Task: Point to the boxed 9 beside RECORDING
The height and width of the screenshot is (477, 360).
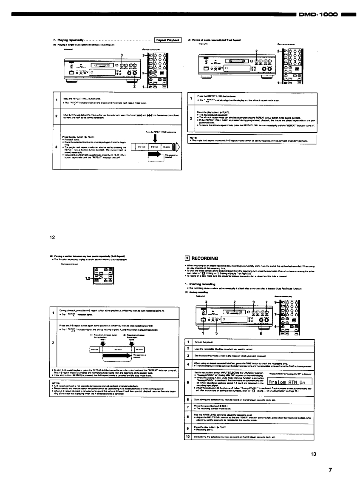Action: click(x=188, y=258)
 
